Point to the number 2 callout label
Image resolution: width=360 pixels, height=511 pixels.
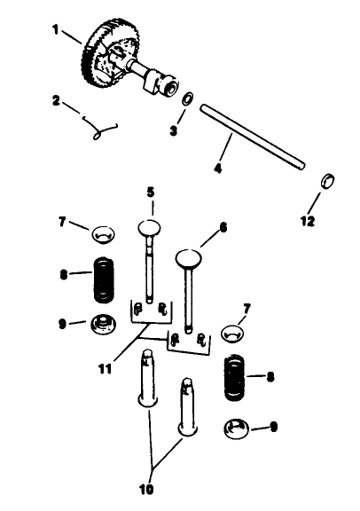[x=55, y=101]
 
